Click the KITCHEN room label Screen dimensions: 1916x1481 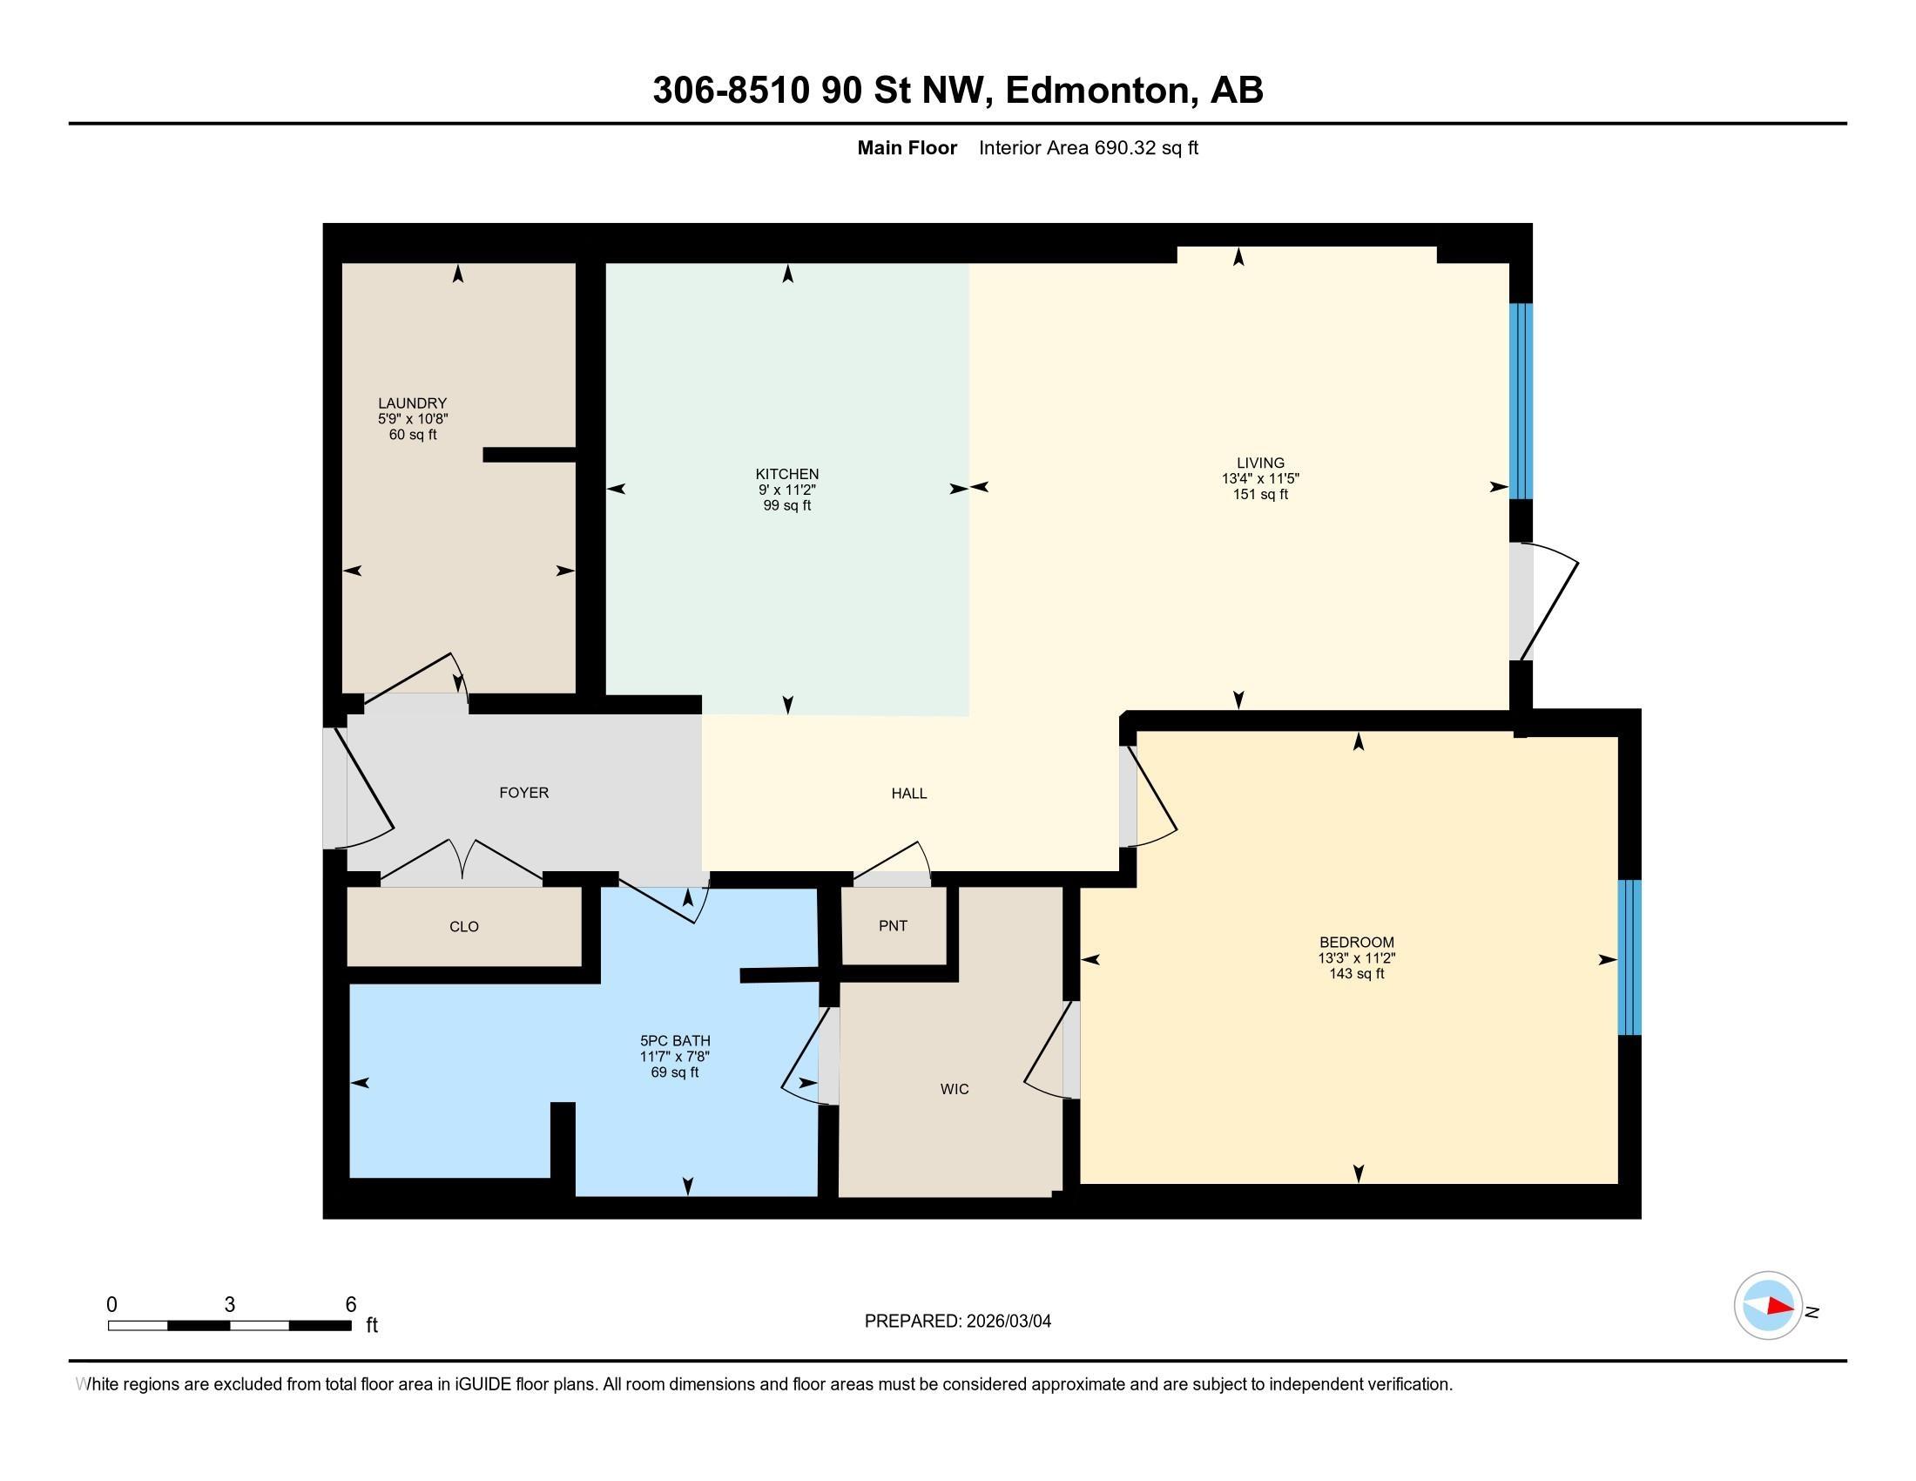coord(787,474)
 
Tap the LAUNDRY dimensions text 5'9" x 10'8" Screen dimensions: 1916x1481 coord(412,419)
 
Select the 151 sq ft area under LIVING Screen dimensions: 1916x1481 coord(1261,494)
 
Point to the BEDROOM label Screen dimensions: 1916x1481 coord(1356,943)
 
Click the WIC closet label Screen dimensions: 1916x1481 coord(955,1089)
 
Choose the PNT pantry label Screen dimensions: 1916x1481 coord(893,925)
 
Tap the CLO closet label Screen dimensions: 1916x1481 coord(464,927)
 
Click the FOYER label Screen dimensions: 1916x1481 coord(523,792)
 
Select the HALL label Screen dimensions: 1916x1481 coord(909,793)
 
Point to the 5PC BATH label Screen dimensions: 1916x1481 coord(675,1041)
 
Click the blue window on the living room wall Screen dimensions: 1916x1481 coord(1521,401)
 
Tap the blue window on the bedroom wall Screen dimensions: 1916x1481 coord(1630,957)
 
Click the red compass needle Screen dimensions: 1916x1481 coord(1780,1306)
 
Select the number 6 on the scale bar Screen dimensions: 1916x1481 coord(351,1305)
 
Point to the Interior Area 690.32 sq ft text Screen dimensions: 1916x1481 coord(1088,147)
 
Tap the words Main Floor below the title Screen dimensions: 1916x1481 coord(907,147)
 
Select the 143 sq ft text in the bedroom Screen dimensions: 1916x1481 coord(1356,973)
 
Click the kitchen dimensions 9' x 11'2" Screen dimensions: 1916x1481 coord(787,490)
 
